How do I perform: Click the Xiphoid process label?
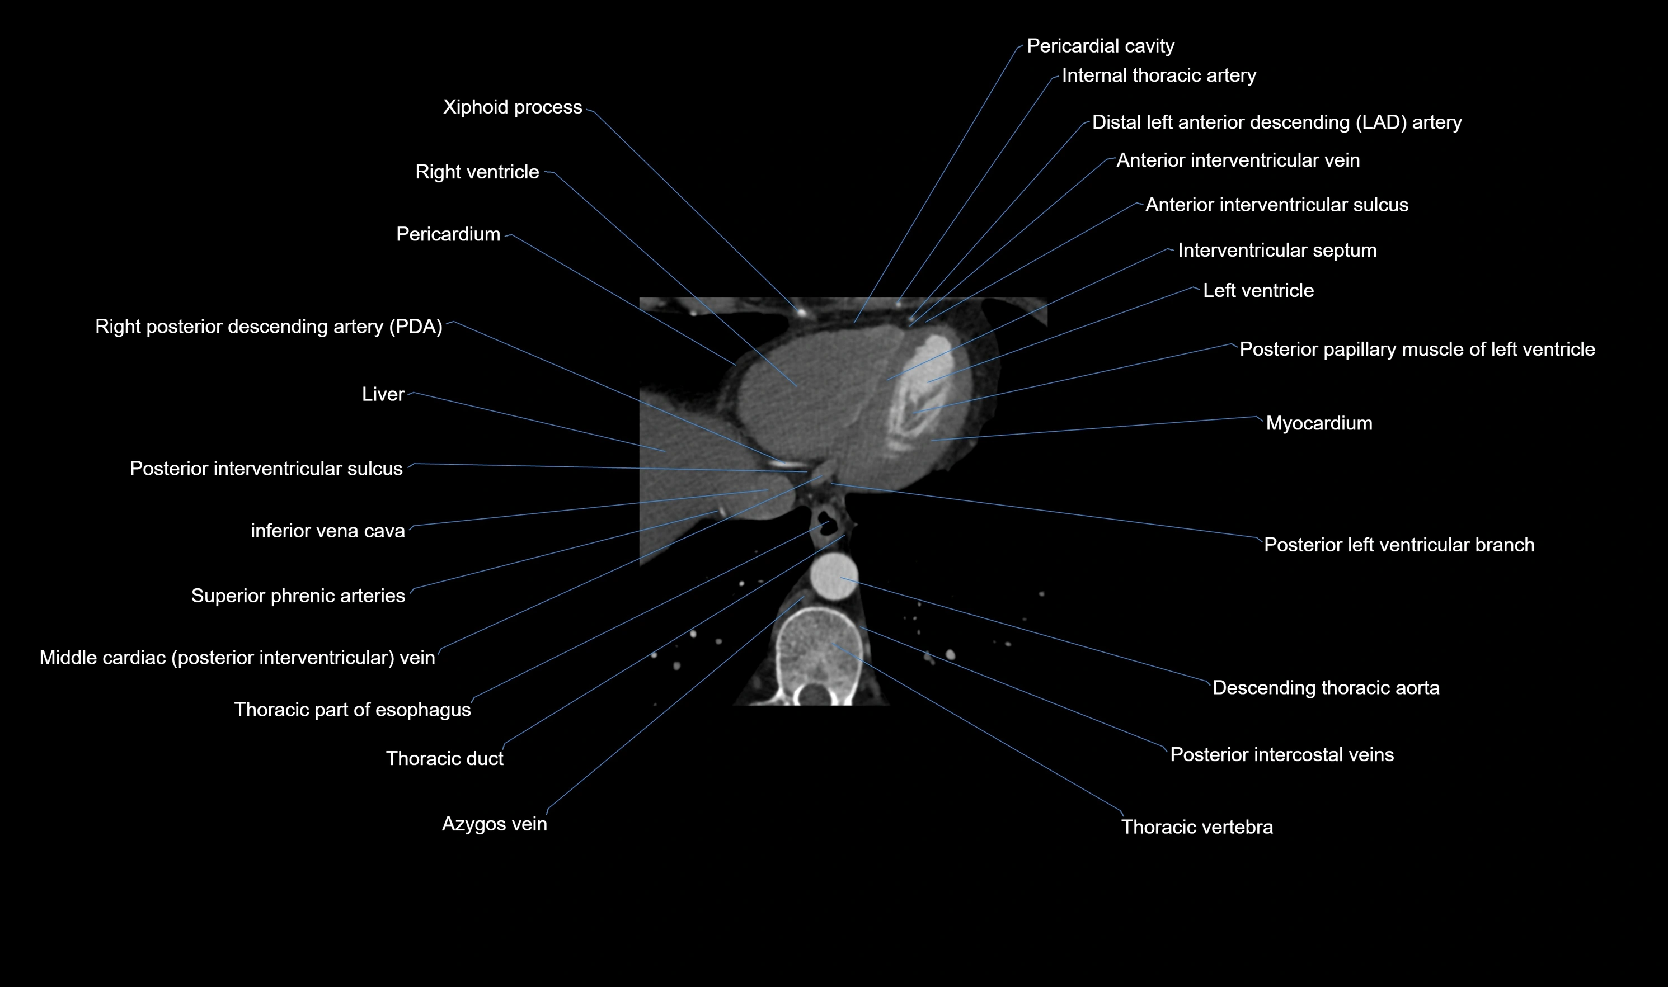(x=513, y=107)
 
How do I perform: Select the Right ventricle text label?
(x=477, y=172)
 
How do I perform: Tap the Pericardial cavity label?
(x=1101, y=46)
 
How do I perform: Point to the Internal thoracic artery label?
(x=1158, y=75)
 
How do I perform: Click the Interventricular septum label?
(x=1277, y=250)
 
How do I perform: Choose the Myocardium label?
(x=1319, y=423)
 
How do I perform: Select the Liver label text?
(x=383, y=394)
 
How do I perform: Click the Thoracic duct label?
(x=444, y=758)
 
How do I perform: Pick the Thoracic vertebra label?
(x=1197, y=827)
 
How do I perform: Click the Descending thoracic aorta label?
(x=1326, y=687)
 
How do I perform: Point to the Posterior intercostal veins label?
(x=1281, y=754)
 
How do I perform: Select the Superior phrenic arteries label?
(x=298, y=595)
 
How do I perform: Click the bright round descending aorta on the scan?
(x=834, y=576)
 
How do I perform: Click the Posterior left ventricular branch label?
(x=1398, y=545)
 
